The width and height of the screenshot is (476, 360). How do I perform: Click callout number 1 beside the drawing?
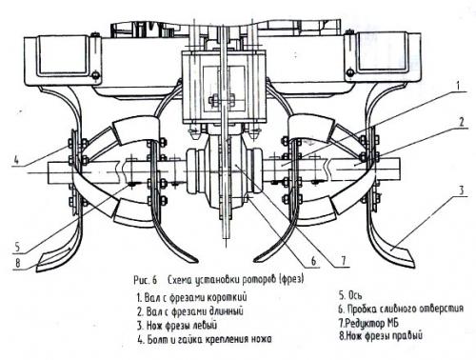pos(458,86)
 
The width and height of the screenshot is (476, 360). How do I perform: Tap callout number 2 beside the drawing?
pos(462,122)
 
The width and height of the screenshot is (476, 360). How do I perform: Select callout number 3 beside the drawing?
pos(462,190)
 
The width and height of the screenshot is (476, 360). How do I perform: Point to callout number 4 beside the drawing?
pos(16,160)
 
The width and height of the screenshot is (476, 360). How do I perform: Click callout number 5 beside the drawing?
pos(17,247)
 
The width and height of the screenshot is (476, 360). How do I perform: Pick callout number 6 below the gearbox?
pos(313,261)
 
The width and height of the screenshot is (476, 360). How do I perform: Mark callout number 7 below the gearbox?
pos(344,261)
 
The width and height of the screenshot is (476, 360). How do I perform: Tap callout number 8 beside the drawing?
pos(18,263)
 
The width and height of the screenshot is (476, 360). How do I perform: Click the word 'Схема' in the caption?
pos(180,280)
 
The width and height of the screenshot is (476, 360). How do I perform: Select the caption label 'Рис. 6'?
pos(146,280)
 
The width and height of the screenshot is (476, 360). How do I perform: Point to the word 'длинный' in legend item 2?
pos(227,311)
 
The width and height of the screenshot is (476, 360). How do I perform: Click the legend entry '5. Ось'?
pos(350,295)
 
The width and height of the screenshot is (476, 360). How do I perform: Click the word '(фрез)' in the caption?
pos(291,279)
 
